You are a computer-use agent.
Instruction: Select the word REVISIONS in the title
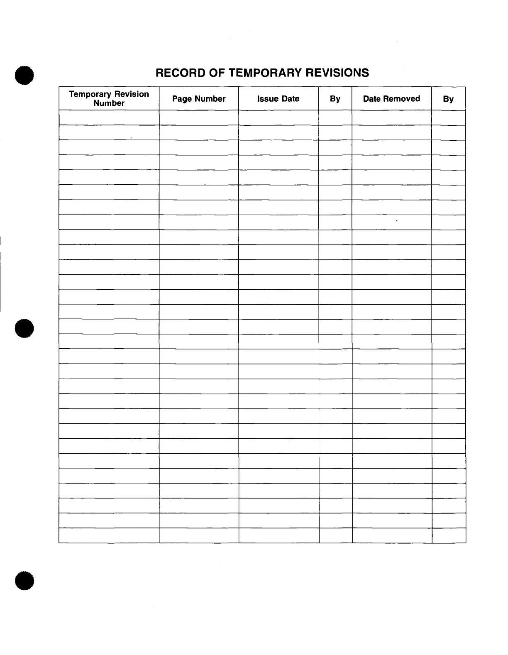(337, 73)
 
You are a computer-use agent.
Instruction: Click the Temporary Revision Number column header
(109, 99)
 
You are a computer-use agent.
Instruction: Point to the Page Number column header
(199, 99)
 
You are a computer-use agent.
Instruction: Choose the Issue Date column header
(278, 99)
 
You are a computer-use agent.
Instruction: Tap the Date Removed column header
(391, 99)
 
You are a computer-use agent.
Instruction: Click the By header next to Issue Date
(335, 99)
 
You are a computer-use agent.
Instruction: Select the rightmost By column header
(448, 99)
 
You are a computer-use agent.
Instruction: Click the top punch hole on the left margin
(24, 76)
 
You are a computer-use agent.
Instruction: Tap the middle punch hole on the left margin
(24, 329)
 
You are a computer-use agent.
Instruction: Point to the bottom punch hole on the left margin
(24, 580)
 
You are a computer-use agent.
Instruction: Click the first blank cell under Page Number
(199, 118)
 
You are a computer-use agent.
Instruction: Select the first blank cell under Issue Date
(278, 118)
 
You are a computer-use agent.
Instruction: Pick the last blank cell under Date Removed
(392, 535)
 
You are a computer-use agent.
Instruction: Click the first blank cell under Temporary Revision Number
(109, 118)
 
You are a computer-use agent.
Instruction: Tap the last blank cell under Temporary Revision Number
(109, 535)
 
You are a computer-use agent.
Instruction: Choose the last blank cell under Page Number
(199, 535)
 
